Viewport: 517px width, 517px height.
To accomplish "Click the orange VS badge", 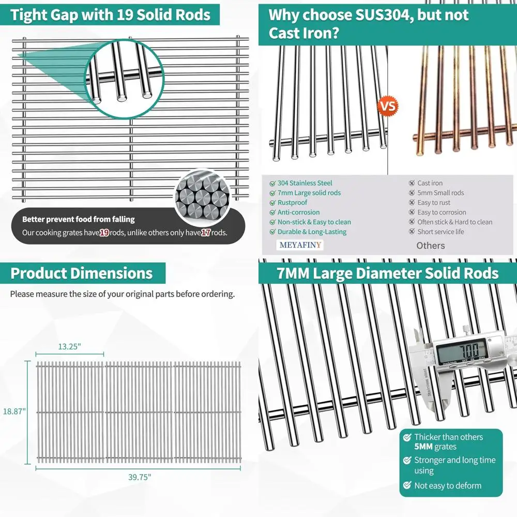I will (x=389, y=107).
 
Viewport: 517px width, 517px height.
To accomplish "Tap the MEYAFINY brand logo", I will (x=300, y=245).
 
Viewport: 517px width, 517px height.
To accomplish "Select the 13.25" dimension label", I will (x=69, y=347).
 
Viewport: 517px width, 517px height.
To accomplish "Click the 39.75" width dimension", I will (x=140, y=477).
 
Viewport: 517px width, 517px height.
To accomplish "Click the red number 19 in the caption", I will (x=104, y=233).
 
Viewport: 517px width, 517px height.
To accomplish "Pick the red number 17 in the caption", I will (x=205, y=233).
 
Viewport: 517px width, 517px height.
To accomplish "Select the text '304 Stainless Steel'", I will (x=305, y=183).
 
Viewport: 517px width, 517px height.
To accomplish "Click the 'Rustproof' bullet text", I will (x=292, y=203).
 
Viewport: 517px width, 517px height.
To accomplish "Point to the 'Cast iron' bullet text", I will (x=430, y=183).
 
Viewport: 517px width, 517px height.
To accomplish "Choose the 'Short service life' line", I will (x=440, y=232).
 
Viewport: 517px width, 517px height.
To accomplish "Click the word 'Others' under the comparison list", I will (x=431, y=246).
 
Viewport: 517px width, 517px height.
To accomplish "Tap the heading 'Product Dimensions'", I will (x=82, y=273).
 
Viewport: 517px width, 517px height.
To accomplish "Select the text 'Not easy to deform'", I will (x=448, y=485).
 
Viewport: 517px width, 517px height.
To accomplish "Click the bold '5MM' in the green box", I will (x=424, y=447).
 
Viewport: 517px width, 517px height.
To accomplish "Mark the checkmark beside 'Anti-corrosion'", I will (x=272, y=212).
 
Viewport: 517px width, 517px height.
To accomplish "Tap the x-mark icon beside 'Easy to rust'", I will (x=412, y=203).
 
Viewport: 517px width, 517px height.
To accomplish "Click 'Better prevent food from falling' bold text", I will (x=78, y=219).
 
